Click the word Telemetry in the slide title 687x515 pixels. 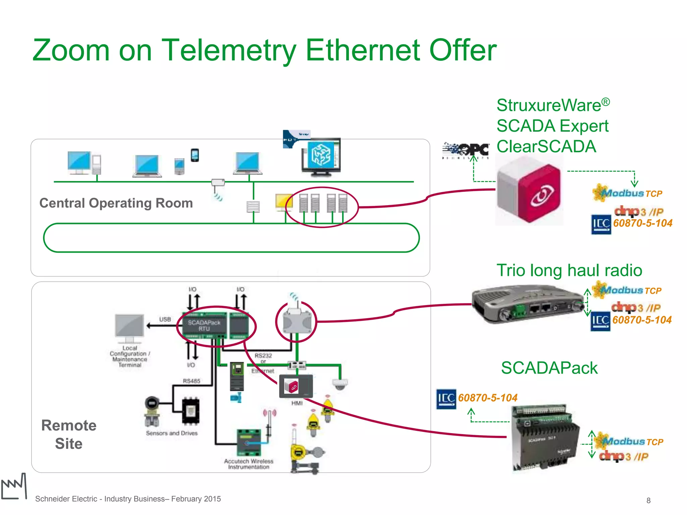[229, 50]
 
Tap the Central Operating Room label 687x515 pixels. [116, 203]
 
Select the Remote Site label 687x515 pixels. [69, 435]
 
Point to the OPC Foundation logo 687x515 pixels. [466, 151]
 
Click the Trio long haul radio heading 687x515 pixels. [569, 270]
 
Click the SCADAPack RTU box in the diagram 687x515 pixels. [204, 325]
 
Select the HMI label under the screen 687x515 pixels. [297, 403]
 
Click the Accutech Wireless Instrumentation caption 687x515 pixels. [249, 464]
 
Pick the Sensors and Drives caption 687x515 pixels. [171, 433]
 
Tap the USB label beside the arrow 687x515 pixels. [165, 319]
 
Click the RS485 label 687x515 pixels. [192, 381]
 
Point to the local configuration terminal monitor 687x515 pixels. [129, 326]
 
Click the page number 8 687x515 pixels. [648, 501]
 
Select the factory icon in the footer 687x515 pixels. [14, 487]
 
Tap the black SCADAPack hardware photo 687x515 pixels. [545, 438]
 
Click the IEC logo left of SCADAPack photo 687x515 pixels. [446, 399]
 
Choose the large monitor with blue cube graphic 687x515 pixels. [321, 156]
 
